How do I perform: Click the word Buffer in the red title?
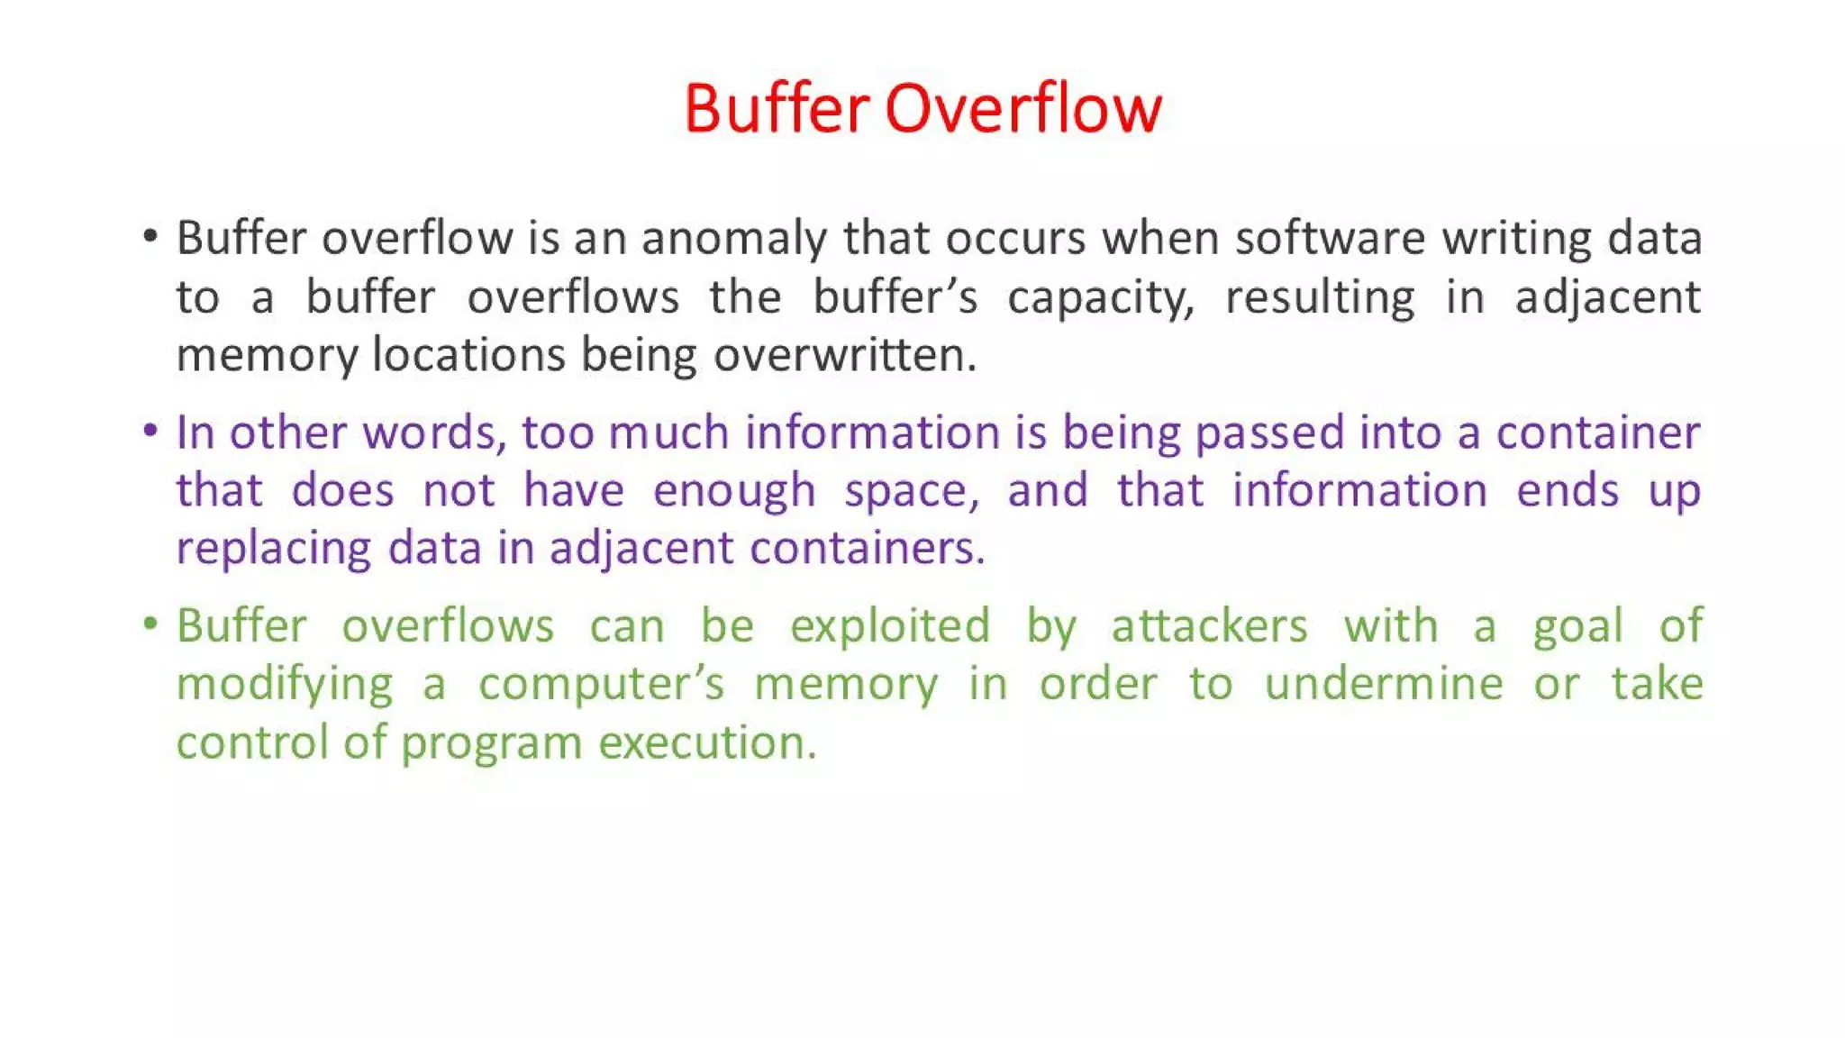[x=777, y=109]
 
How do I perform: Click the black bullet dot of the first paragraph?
[x=150, y=238]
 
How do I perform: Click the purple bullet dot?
[x=150, y=431]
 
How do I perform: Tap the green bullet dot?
[x=150, y=624]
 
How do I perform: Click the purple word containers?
[x=867, y=549]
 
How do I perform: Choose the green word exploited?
[x=890, y=626]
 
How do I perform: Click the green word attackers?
[x=1209, y=626]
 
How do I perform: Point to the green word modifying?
[x=285, y=686]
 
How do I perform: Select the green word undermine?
[x=1384, y=684]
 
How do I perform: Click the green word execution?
[x=707, y=743]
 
